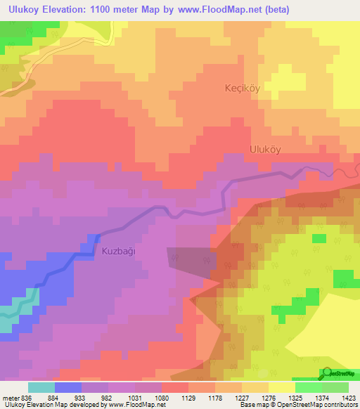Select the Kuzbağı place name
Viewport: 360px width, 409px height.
coord(117,250)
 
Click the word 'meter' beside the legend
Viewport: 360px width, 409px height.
coord(9,398)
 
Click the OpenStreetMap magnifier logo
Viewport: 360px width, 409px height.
coord(326,373)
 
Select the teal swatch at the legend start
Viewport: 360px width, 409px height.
coord(41,387)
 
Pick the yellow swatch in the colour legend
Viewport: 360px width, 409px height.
coord(281,387)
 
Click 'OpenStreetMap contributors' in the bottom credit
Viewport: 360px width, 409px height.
coord(321,405)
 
